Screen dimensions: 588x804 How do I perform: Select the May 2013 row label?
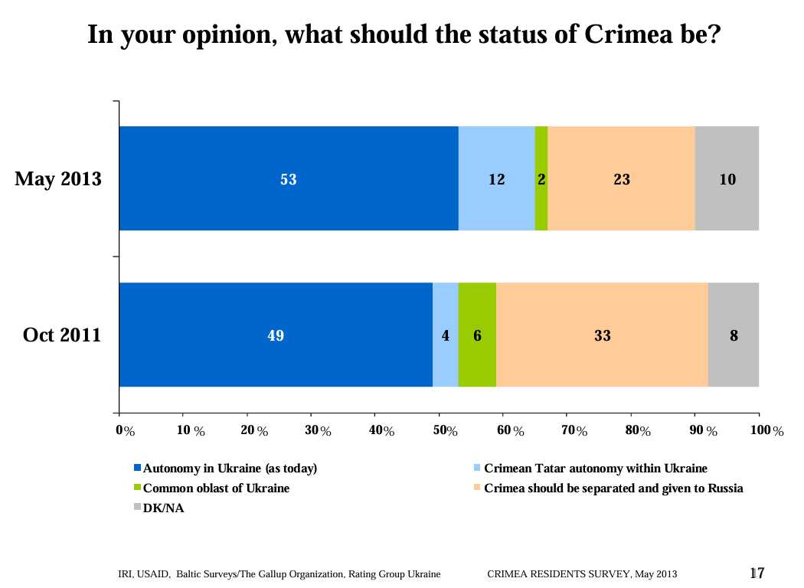(x=58, y=179)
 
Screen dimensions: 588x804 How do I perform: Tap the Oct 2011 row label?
(x=62, y=335)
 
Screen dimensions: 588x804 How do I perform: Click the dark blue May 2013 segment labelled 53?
(x=289, y=179)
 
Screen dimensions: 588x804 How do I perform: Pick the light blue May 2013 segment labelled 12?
(x=496, y=179)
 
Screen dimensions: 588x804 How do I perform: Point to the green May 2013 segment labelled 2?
(x=541, y=179)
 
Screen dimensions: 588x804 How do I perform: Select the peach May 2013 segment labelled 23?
(x=621, y=179)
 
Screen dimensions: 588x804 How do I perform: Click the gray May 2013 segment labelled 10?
(x=727, y=179)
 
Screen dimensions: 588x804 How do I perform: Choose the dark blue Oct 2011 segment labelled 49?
(x=276, y=335)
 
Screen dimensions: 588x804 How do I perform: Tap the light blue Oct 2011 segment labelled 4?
(x=445, y=335)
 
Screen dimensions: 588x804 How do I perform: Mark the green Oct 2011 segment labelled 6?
(x=477, y=335)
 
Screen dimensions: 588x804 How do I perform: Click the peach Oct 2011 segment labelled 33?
(x=602, y=335)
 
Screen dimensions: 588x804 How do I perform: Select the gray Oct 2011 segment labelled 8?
(x=734, y=335)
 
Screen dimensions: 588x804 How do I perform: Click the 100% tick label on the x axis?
(x=767, y=432)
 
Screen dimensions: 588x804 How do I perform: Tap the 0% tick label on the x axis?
(x=125, y=432)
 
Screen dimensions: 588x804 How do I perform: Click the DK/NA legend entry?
(x=164, y=508)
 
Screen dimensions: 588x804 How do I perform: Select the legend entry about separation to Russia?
(x=613, y=488)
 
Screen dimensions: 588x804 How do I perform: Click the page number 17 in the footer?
(x=757, y=573)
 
